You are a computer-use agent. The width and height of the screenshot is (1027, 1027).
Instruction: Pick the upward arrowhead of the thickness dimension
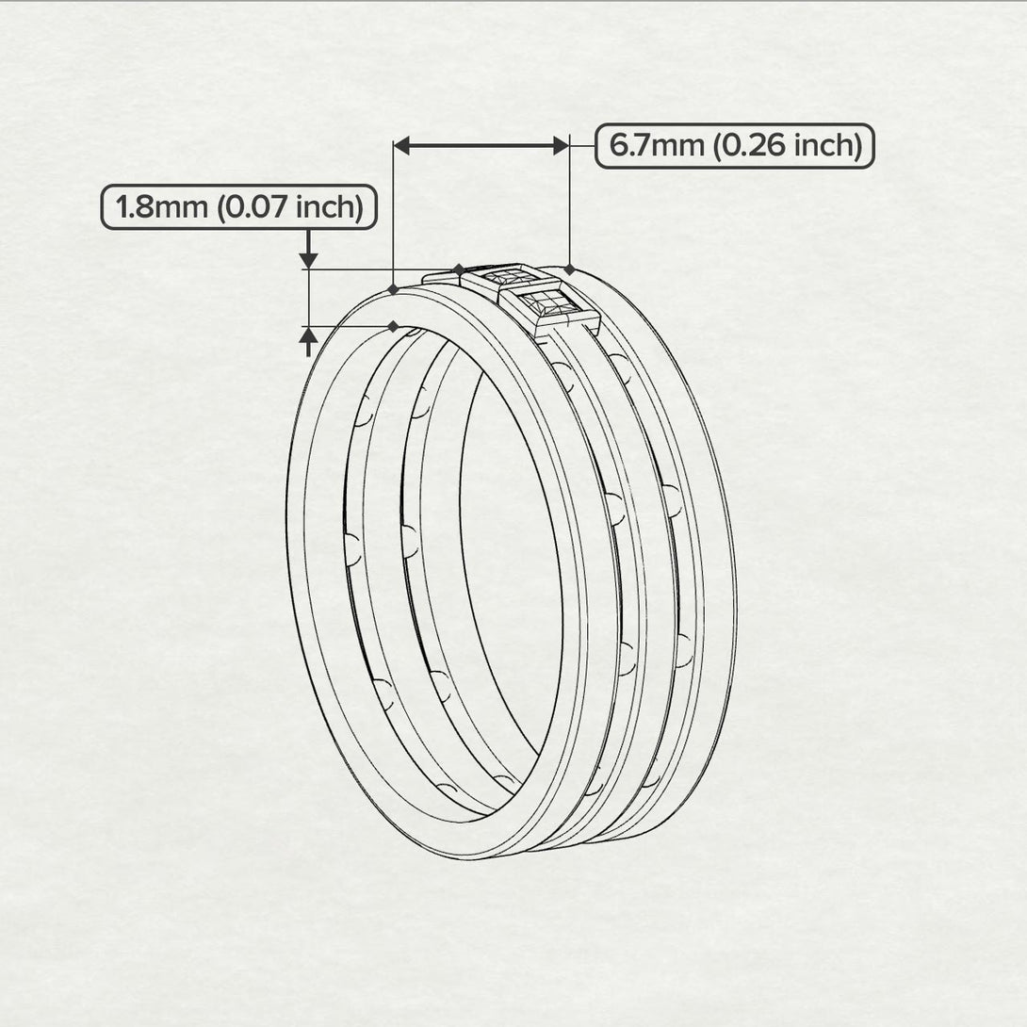[x=308, y=335]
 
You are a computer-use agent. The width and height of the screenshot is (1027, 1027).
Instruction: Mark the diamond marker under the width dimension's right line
[x=570, y=269]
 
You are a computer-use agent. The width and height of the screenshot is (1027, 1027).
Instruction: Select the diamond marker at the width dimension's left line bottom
[x=392, y=288]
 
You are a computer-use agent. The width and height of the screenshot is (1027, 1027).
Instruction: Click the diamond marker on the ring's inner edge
[x=392, y=327]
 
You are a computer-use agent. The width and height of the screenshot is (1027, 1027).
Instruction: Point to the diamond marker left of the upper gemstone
[x=458, y=269]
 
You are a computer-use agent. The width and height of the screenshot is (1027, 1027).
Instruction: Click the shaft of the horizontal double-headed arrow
[x=481, y=145]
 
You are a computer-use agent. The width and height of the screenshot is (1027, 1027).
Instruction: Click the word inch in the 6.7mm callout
[x=825, y=146]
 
